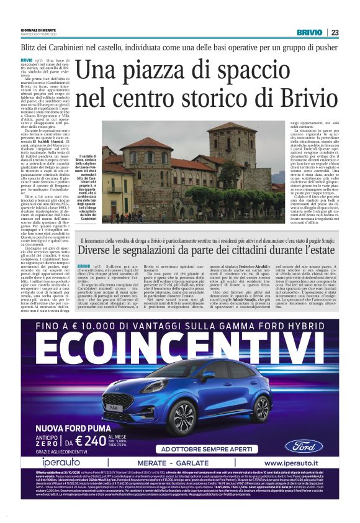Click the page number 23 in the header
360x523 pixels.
coord(335,32)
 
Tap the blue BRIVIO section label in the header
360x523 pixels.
coord(309,32)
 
